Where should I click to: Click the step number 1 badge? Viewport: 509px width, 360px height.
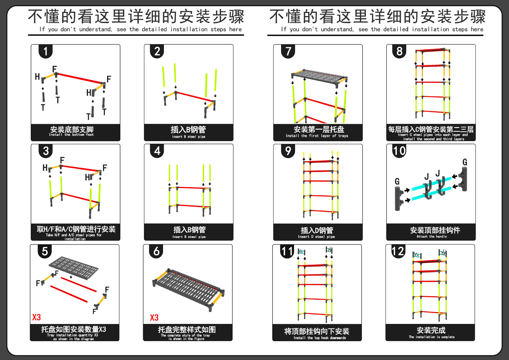pos(46,51)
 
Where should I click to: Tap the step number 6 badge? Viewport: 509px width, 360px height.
pos(156,251)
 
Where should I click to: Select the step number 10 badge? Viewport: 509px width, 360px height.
pos(399,151)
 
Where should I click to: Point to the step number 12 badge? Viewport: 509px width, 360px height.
pos(398,251)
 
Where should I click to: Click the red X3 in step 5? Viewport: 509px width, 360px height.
pos(37,317)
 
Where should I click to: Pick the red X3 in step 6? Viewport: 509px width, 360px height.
pos(154,318)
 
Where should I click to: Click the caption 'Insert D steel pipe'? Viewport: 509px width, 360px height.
pos(316,237)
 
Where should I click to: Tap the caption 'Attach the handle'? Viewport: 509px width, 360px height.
pos(432,236)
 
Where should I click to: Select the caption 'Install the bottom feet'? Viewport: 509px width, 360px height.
pos(71,135)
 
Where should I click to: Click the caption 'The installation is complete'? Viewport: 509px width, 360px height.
pos(432,337)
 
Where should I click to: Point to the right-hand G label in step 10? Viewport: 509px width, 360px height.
pos(465,162)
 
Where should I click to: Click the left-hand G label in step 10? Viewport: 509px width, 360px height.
pos(397,181)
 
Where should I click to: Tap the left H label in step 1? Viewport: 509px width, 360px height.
pos(37,77)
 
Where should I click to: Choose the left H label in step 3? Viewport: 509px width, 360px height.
pos(45,168)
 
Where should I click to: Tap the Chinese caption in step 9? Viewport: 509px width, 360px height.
pos(317,230)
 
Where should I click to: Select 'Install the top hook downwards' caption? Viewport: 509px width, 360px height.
pos(320,338)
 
